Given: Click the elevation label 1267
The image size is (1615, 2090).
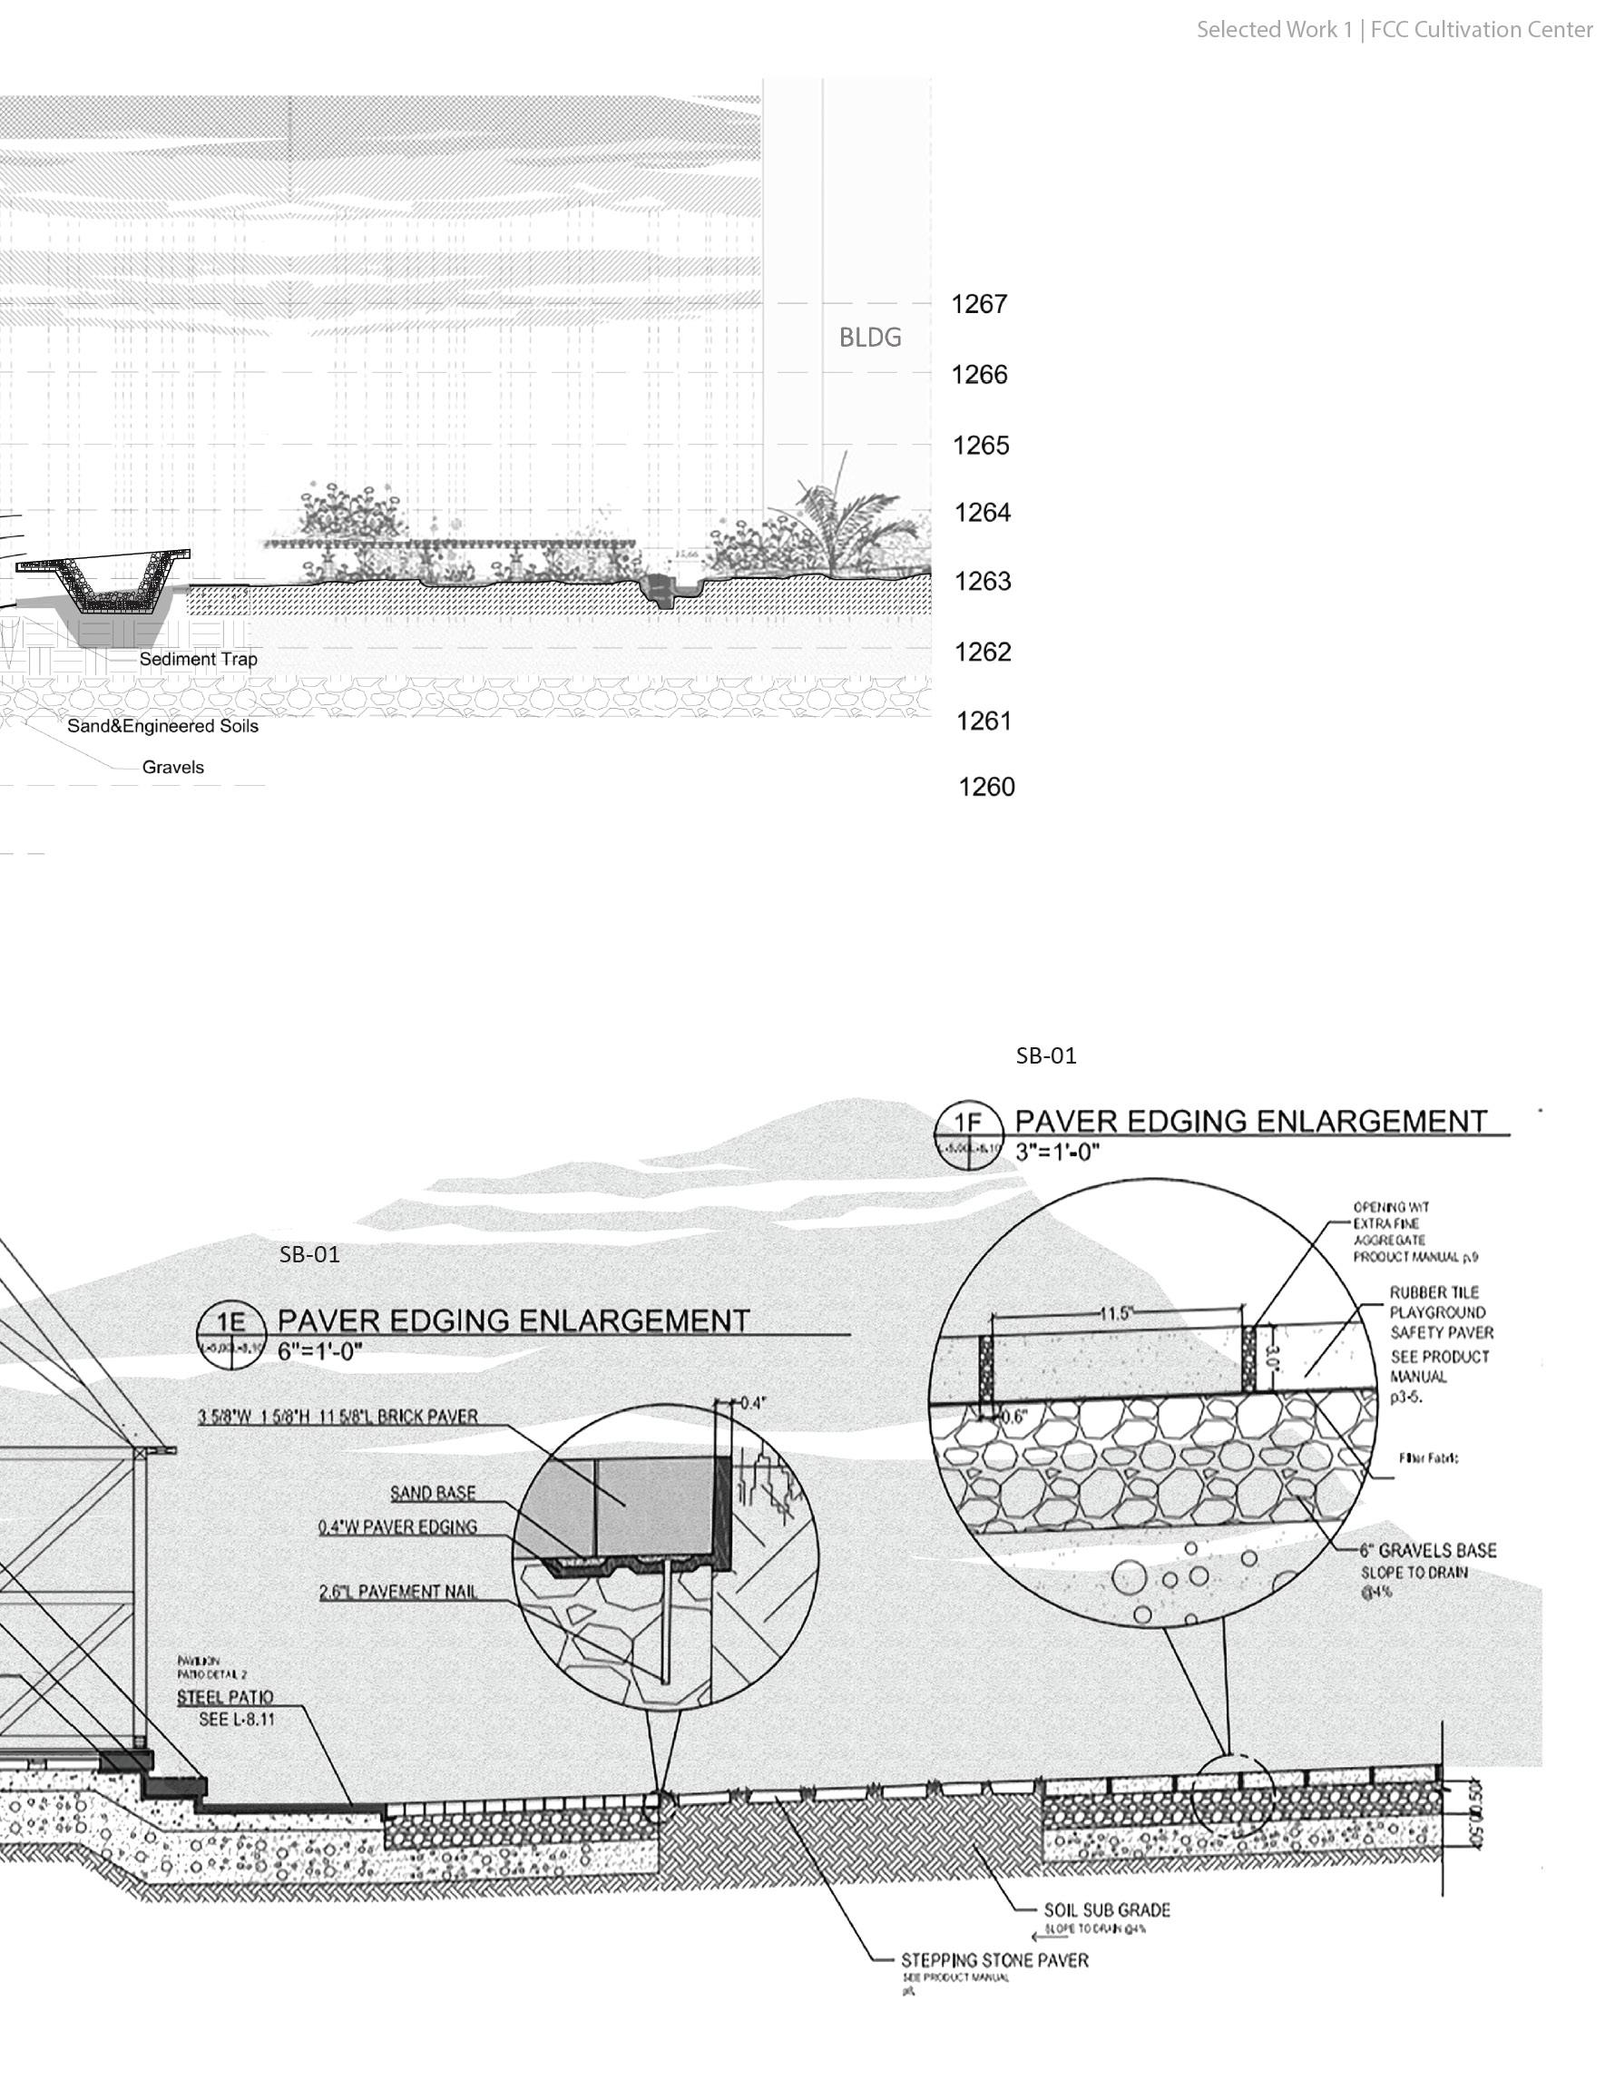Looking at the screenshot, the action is [979, 304].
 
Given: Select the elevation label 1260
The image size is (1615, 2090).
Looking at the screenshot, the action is [986, 788].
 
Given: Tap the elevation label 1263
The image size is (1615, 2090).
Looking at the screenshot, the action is [983, 582].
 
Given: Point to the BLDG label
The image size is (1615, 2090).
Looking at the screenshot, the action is [870, 337].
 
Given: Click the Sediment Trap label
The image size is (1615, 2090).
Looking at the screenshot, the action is [198, 660].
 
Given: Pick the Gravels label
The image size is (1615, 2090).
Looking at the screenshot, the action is [173, 768].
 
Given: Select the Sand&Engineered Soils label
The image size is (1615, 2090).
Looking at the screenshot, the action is [162, 726].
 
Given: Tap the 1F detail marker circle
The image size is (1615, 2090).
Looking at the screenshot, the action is [968, 1134].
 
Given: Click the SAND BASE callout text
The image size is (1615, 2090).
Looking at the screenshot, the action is [433, 1493].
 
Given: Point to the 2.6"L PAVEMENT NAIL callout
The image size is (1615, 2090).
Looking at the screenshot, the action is [398, 1593].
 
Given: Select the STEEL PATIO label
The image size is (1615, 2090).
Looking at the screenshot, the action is [225, 1698].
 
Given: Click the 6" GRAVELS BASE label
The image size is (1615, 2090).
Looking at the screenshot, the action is [1427, 1551].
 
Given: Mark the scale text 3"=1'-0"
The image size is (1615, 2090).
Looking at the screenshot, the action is [1057, 1153].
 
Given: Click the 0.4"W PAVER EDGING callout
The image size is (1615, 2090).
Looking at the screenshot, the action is [398, 1527].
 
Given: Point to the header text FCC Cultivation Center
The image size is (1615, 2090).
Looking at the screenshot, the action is [1481, 30].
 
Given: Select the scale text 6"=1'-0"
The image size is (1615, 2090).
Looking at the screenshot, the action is [319, 1350].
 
